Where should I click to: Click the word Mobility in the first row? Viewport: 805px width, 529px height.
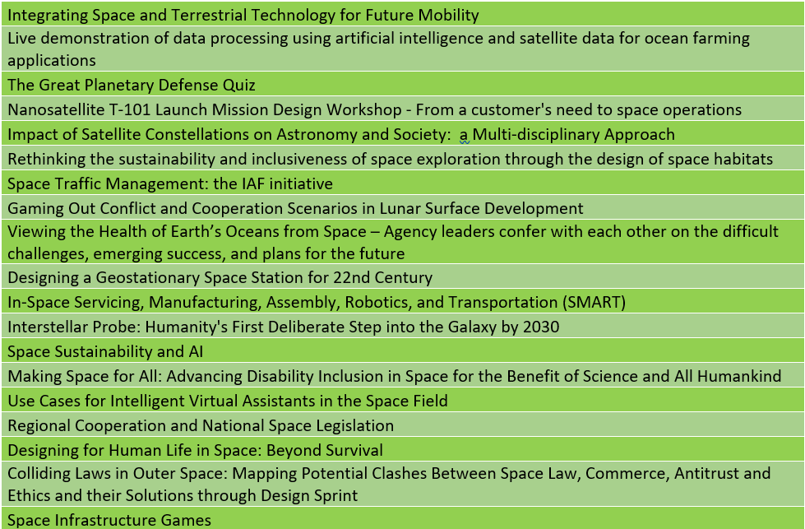pos(448,16)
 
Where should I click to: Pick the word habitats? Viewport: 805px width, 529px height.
pos(743,160)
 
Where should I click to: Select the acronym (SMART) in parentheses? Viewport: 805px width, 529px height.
pos(594,302)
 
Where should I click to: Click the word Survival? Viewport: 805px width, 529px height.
pos(354,450)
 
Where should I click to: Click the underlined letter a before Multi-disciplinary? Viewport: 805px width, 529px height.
pos(464,135)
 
